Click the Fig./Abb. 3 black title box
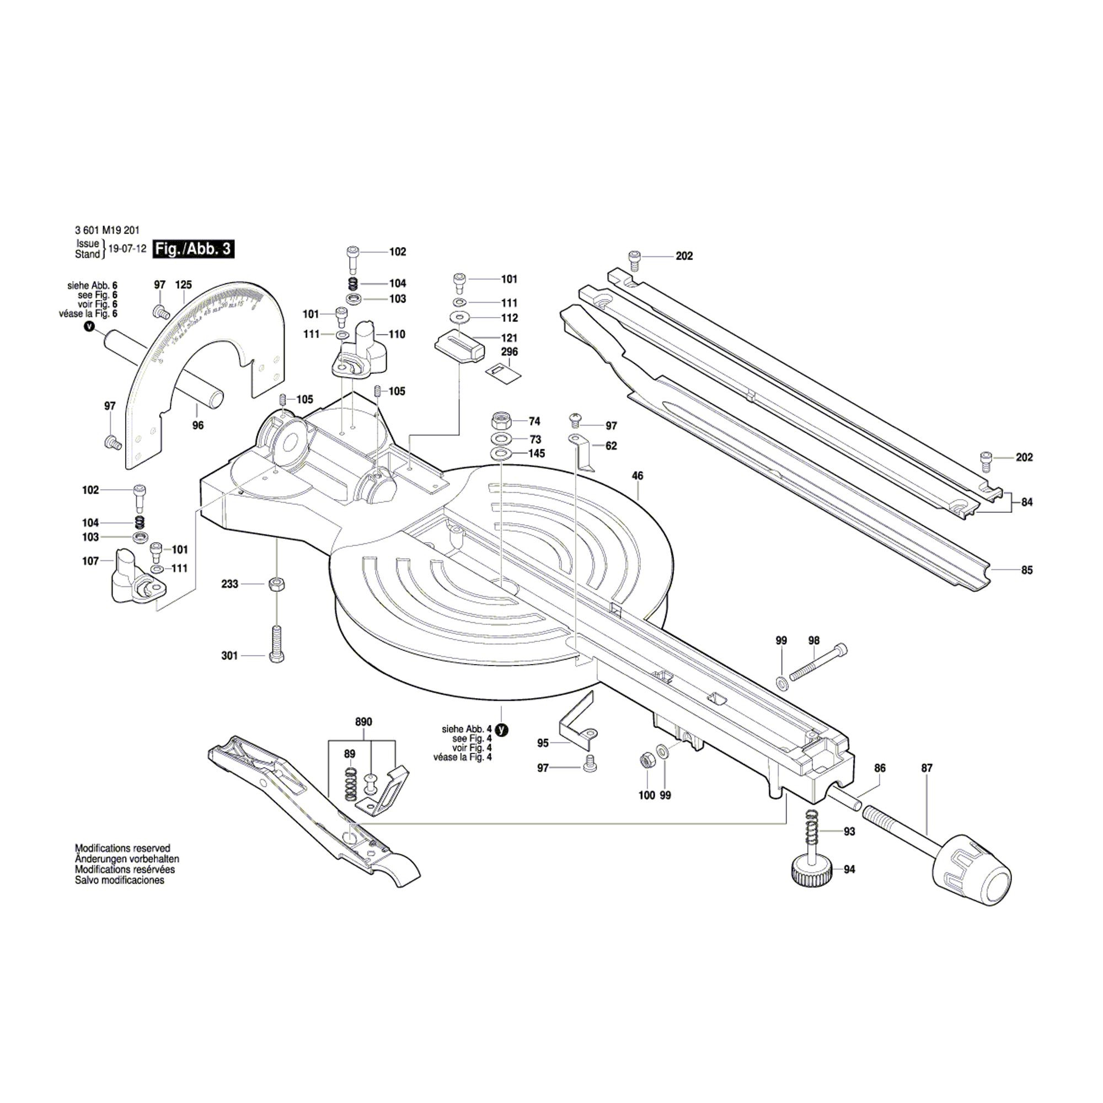(194, 249)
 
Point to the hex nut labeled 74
(501, 421)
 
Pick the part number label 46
(638, 475)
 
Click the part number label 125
(183, 285)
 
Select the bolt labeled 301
(276, 644)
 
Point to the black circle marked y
(501, 730)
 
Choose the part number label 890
(363, 721)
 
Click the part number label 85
(1026, 570)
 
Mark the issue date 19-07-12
(127, 249)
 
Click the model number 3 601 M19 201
(107, 230)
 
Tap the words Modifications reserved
(123, 848)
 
